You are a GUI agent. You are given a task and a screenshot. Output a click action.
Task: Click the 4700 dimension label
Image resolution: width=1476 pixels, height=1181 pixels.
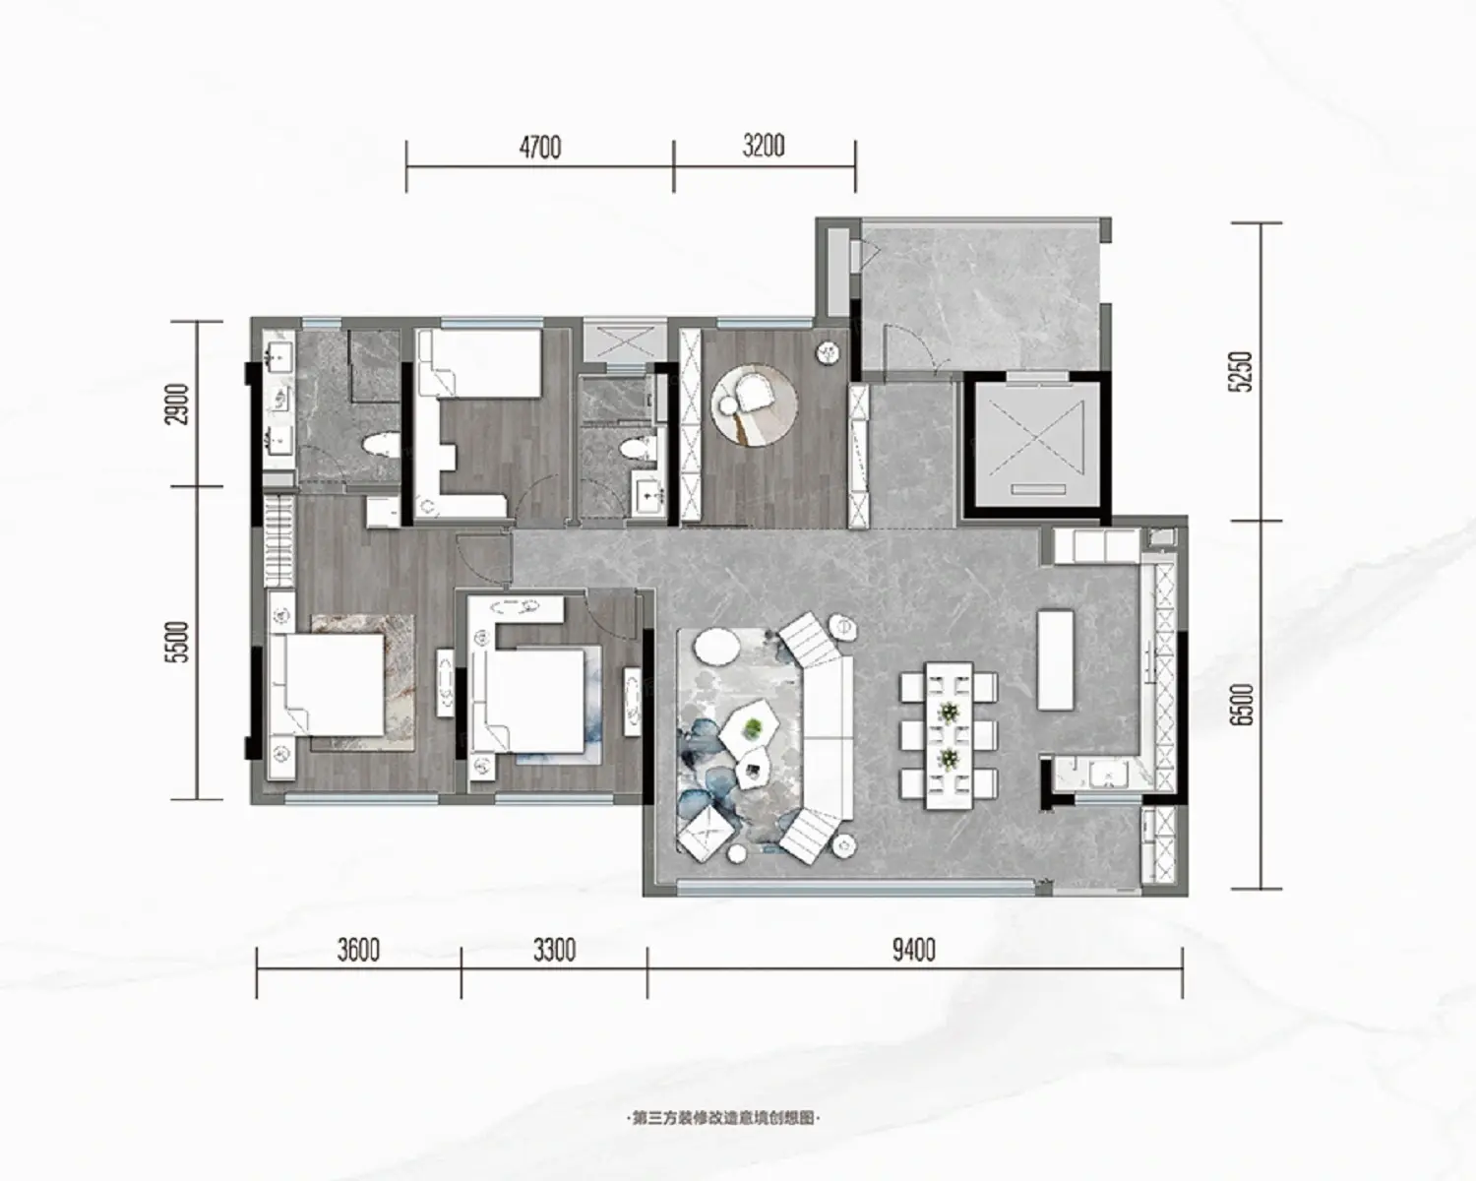tap(540, 148)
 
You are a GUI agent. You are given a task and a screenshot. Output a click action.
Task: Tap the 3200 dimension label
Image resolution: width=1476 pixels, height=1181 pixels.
tap(764, 147)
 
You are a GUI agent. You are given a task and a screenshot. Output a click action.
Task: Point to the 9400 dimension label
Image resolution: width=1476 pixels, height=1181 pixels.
tap(914, 951)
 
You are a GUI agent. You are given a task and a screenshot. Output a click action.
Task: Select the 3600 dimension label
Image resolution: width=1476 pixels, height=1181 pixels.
tap(359, 951)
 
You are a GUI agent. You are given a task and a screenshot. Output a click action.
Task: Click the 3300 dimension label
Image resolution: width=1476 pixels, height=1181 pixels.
tap(554, 951)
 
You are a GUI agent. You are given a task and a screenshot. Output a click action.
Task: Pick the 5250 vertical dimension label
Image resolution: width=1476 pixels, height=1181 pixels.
tap(1242, 371)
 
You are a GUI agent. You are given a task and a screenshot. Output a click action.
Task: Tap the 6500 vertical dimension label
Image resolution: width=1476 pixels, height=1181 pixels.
tap(1242, 705)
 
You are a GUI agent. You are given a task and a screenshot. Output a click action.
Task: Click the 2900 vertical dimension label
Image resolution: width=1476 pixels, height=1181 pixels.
tap(178, 404)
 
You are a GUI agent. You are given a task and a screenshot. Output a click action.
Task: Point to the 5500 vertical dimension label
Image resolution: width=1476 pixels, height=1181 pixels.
tap(178, 642)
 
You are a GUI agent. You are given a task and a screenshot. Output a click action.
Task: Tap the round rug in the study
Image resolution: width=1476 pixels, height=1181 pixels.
tap(755, 404)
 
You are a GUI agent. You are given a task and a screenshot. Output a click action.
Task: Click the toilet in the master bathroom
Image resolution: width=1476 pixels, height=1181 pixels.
tap(382, 447)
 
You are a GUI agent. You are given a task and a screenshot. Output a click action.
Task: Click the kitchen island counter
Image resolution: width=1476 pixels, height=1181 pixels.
tap(1056, 659)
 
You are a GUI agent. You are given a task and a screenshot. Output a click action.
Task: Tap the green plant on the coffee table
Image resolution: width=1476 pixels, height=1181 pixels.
tap(753, 727)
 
